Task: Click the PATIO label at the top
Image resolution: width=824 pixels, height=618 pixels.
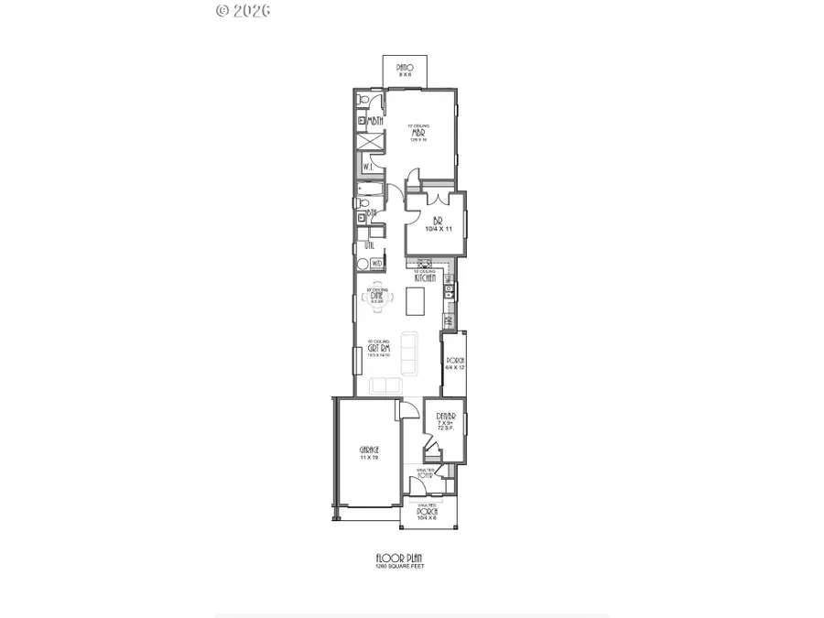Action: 406,68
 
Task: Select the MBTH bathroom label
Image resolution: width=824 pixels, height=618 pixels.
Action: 374,123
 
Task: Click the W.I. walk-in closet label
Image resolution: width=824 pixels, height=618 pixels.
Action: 367,167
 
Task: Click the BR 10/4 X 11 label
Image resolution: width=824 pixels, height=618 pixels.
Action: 436,224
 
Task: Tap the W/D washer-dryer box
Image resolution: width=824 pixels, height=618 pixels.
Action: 377,264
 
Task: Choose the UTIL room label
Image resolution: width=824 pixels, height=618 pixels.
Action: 368,244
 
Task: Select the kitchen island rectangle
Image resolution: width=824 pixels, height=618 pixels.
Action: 416,298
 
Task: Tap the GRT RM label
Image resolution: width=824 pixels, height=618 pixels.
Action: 379,349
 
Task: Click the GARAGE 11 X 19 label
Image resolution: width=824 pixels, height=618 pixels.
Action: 369,452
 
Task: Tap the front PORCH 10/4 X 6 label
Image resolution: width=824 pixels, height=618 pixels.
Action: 428,513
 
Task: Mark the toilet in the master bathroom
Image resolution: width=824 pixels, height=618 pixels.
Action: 364,100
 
